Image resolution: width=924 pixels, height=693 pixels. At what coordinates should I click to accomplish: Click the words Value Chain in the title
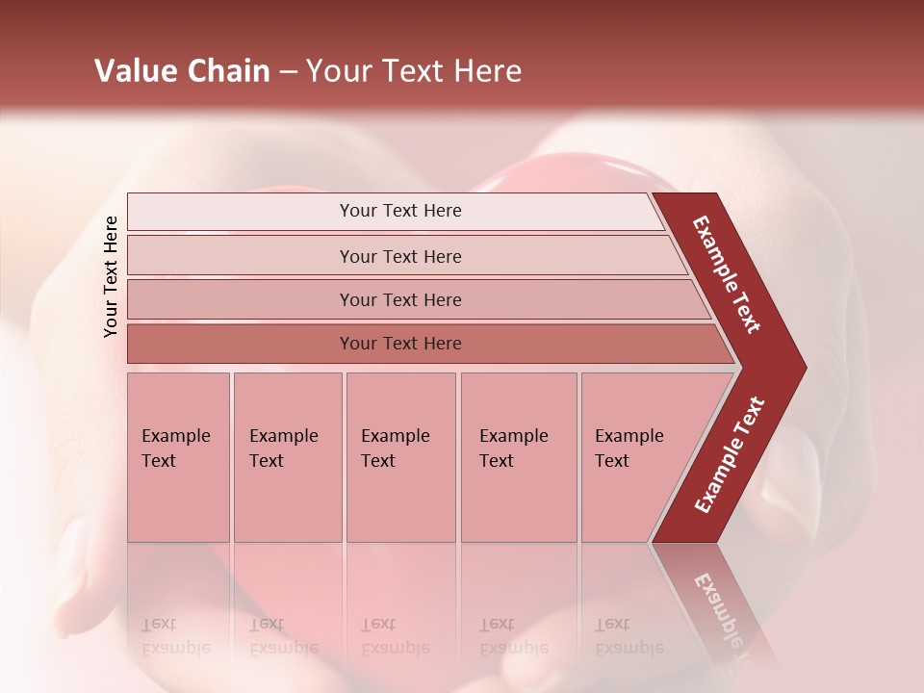[182, 71]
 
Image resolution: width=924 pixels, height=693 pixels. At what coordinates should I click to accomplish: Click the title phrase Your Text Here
[414, 71]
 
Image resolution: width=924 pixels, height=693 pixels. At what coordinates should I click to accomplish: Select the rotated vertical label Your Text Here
[112, 276]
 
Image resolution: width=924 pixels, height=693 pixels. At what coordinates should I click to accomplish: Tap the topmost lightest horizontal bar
[399, 211]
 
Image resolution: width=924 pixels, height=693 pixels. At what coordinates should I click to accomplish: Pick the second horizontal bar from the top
[399, 256]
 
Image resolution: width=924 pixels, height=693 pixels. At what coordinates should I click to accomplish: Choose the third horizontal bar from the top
[399, 299]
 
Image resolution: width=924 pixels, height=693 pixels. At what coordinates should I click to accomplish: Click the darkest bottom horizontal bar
[399, 344]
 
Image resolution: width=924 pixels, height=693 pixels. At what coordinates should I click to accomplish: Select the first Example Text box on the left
[178, 457]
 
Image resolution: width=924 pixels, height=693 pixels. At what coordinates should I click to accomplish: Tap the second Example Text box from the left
[287, 457]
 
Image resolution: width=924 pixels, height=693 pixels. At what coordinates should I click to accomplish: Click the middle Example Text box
[400, 457]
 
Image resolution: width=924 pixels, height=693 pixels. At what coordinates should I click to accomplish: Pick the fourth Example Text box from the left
[518, 457]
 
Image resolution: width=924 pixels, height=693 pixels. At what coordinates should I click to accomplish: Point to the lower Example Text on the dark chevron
[730, 455]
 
